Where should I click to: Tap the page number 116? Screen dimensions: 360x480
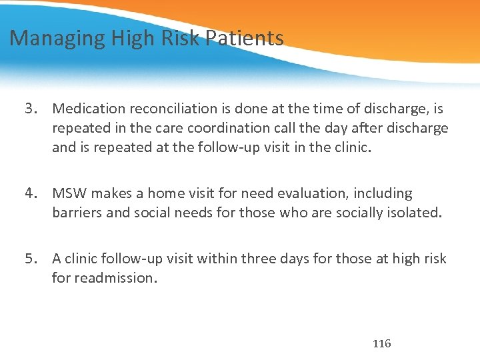382,344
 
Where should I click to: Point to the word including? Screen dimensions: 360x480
388,194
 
